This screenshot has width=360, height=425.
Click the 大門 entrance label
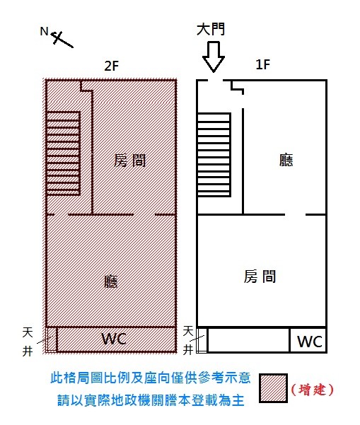[x=211, y=29]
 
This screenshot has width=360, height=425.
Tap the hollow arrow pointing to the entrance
[x=214, y=57]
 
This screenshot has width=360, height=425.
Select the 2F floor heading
[x=112, y=66]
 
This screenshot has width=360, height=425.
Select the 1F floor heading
[x=263, y=64]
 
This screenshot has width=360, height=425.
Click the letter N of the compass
[x=44, y=31]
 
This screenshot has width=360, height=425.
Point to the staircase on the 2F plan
[x=63, y=153]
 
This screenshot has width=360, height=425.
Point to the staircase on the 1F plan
[x=214, y=154]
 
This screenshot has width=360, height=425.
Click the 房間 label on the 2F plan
[x=130, y=161]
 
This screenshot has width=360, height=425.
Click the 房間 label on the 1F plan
[x=260, y=276]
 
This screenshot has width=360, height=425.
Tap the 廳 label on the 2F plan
[x=111, y=281]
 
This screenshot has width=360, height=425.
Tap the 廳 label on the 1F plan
[x=286, y=160]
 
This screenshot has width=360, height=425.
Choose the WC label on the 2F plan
[x=114, y=339]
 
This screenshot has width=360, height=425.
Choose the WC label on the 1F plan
[x=310, y=342]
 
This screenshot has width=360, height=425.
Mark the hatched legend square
[x=273, y=388]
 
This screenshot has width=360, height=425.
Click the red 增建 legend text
[x=312, y=390]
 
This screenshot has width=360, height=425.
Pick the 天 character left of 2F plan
[x=28, y=332]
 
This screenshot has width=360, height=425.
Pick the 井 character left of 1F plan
[x=188, y=349]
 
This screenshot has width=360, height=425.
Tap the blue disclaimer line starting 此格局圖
[x=151, y=378]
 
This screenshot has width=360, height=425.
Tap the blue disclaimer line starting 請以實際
[x=151, y=400]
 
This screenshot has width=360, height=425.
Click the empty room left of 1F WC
[x=248, y=340]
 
